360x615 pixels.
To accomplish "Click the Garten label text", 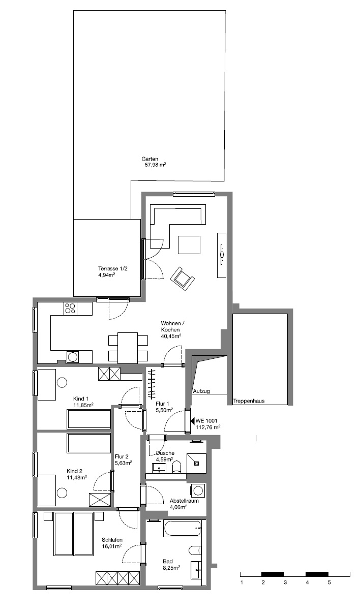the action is click(149, 159).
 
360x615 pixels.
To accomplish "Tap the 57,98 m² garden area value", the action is click(155, 165).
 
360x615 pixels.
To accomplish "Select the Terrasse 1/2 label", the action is click(113, 268).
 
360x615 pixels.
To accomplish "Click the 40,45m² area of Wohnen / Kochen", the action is click(171, 336).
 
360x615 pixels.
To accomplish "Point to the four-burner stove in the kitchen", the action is click(70, 309).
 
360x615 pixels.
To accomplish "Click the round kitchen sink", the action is click(73, 357).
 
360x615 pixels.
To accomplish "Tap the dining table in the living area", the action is click(128, 348).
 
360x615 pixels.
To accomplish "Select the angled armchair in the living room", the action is click(183, 279).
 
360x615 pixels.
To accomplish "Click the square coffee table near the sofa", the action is click(189, 244).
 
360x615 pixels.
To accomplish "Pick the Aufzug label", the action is click(201, 391).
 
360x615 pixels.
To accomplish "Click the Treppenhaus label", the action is click(249, 401).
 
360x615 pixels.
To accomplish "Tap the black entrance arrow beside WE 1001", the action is click(193, 421).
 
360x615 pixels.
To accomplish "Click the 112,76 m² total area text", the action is click(208, 427).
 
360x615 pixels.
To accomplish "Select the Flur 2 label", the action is click(122, 456).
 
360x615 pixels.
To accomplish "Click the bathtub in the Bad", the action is click(182, 529).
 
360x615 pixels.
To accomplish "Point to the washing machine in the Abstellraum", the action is click(198, 490).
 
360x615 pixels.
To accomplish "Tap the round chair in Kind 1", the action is click(62, 382).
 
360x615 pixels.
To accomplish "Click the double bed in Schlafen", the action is click(74, 534).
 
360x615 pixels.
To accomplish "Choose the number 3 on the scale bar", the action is click(285, 582).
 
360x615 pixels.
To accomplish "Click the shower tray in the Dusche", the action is click(196, 464).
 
